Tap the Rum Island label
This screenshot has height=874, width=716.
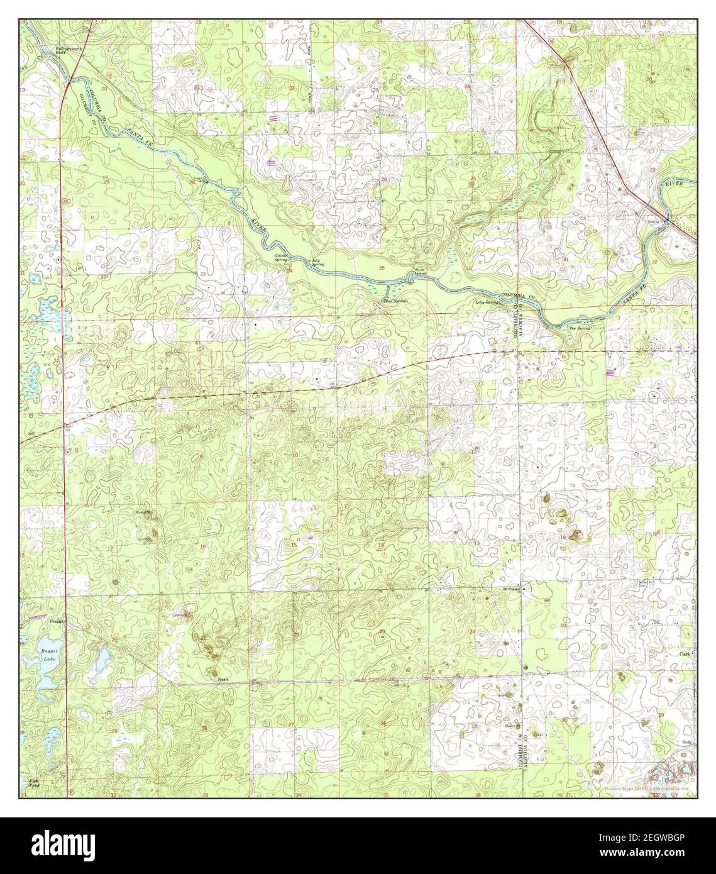pos(419,272)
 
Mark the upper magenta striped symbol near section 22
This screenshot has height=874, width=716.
pos(273,118)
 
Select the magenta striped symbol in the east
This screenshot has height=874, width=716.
pos(610,372)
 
